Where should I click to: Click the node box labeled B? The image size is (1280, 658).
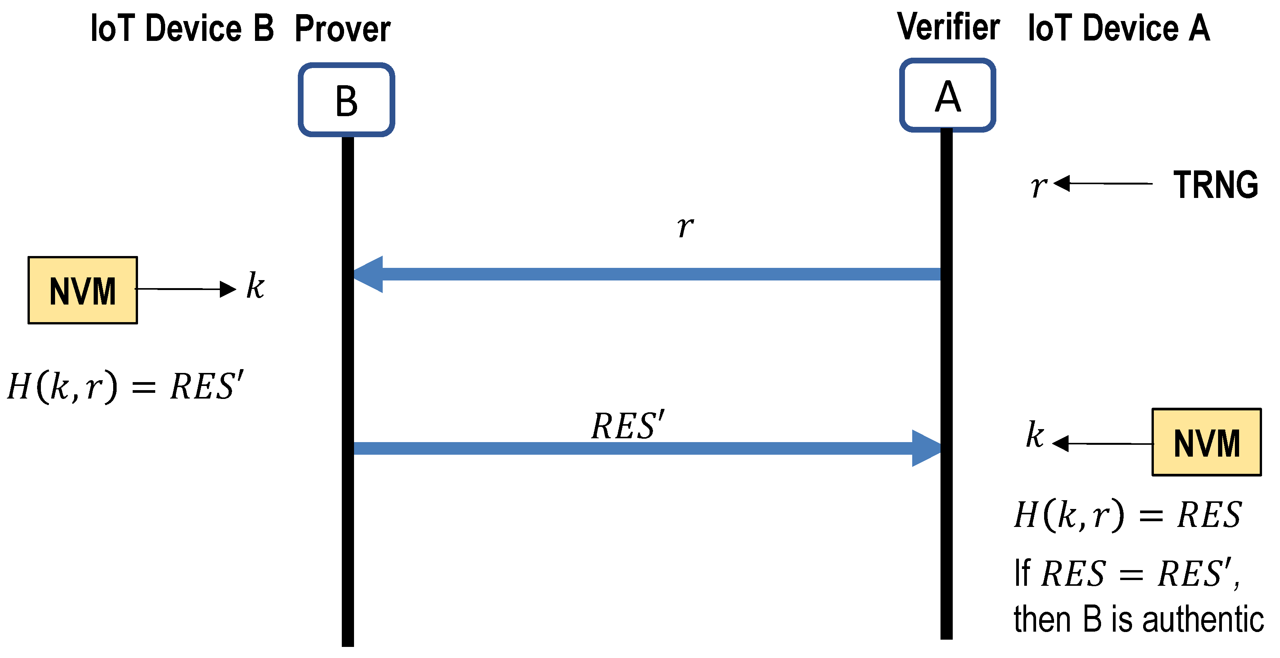346,100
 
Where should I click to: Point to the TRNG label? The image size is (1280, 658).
1215,185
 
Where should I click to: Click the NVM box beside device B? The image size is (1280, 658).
83,290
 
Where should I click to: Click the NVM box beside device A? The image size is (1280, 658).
1207,442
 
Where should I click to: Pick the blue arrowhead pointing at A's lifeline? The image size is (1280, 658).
926,449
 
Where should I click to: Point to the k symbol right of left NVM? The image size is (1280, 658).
255,286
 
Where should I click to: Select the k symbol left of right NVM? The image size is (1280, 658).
1035,435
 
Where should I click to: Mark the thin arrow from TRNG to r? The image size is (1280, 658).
1103,183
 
